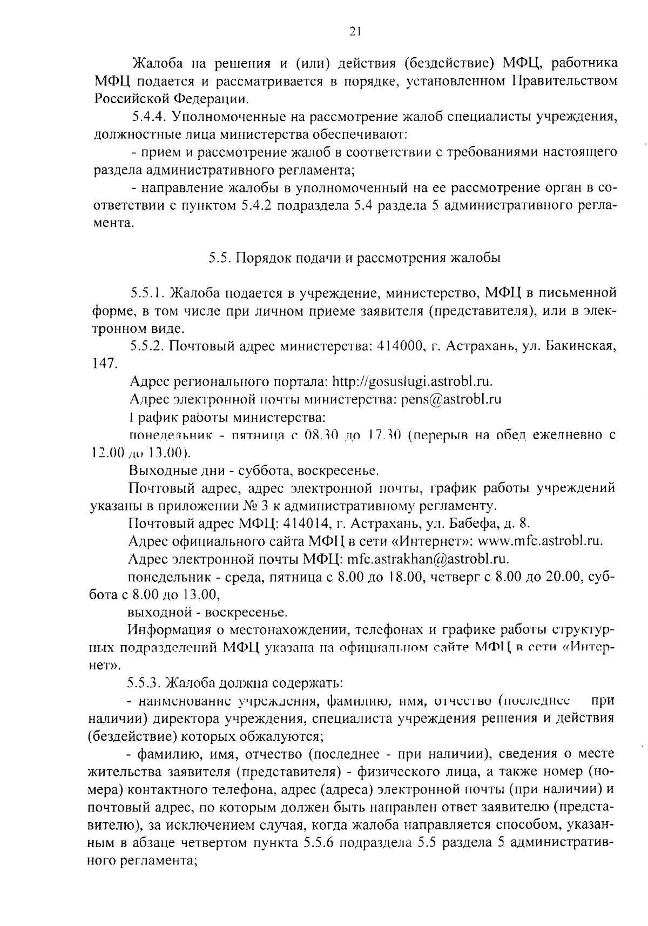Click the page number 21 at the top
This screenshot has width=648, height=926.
[354, 31]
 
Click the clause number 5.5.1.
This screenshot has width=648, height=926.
[146, 293]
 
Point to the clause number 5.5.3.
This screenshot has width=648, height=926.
[144, 682]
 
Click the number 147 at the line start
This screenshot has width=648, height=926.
[102, 364]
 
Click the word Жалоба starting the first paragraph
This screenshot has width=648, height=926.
[155, 64]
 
